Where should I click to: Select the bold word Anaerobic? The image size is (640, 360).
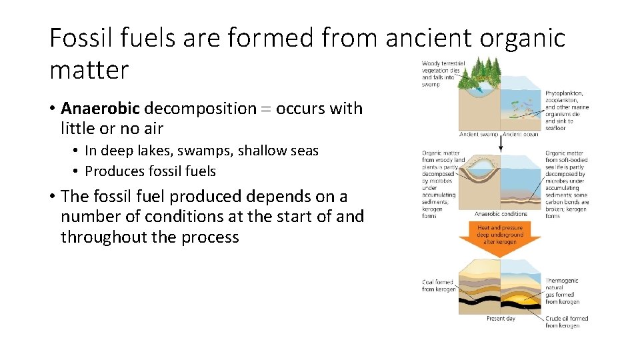point(101,108)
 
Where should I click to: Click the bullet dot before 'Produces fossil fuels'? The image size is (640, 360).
point(77,171)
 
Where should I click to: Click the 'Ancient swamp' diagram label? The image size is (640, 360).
point(479,134)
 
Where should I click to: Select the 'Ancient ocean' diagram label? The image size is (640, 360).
point(521,134)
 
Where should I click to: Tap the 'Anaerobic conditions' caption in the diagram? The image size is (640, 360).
point(500,214)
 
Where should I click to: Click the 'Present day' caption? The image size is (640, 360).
point(500,319)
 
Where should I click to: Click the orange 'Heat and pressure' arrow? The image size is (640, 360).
point(500,237)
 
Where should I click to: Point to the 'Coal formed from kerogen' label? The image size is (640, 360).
point(438,285)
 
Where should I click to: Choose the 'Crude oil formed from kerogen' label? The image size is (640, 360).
point(567,321)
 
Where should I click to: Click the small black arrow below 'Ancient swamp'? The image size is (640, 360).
point(499,143)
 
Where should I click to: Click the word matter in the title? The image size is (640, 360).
point(89,69)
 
